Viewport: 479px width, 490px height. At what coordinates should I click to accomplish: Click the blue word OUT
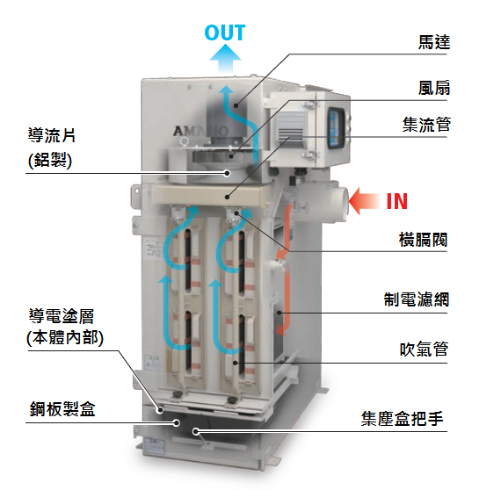pos(225,32)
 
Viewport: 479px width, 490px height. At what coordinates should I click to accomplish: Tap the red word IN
pos(397,201)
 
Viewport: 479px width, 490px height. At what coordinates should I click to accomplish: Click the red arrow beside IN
pos(364,201)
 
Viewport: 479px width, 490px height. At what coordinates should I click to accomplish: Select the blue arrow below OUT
pos(225,59)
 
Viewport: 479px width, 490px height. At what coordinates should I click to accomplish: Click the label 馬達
pos(434,42)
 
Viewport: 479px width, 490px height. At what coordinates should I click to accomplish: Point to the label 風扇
pos(434,88)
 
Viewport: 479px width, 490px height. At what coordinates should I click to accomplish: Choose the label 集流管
pos(426,125)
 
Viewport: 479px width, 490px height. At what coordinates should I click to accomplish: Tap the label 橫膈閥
pos(423,240)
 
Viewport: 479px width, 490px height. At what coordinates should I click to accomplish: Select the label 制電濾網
pos(417,299)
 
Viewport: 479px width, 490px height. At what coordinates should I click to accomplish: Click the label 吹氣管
pos(424,349)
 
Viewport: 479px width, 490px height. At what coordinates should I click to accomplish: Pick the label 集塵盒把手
pos(402,419)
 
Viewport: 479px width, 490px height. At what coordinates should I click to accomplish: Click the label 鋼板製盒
pos(62,408)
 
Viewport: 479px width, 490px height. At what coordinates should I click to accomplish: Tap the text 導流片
pos(52,135)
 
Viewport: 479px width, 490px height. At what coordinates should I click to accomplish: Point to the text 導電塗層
pos(62,316)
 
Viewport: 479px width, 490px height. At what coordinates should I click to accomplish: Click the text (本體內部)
pos(65,338)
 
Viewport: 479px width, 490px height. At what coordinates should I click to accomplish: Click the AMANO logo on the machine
pos(200,131)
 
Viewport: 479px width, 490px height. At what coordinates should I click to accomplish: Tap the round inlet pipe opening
pos(344,204)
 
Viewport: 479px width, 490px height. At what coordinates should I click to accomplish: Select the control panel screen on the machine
pos(337,127)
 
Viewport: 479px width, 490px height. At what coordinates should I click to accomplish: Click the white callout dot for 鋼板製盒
pos(177,422)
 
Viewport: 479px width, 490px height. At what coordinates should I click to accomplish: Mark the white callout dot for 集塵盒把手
pos(196,431)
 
